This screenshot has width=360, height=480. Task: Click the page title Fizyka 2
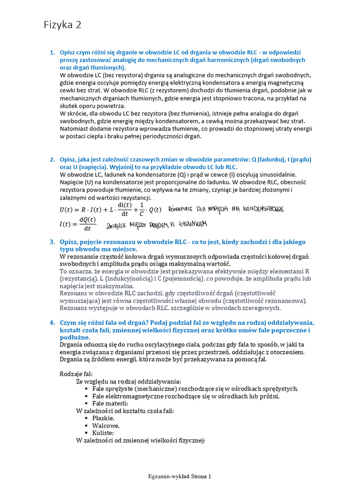pos(62,25)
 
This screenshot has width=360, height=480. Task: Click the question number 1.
pos(52,52)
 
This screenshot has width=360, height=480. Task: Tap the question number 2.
pos(52,159)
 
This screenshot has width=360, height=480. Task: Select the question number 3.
pos(52,242)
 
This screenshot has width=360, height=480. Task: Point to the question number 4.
pos(52,323)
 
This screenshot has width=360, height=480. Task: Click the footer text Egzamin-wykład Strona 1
pos(180,476)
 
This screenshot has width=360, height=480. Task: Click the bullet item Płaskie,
pos(103,418)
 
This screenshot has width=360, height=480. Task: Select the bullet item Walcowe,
pos(105,426)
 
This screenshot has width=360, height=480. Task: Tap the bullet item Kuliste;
pos(103,433)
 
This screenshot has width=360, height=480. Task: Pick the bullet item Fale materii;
pos(110,403)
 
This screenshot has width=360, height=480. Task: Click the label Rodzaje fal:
pos(76,374)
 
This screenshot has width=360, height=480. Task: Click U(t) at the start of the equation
pos(67,210)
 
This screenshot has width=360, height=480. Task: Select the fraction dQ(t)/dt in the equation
pos(87,224)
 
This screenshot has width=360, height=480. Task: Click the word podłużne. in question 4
pos(75,337)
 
